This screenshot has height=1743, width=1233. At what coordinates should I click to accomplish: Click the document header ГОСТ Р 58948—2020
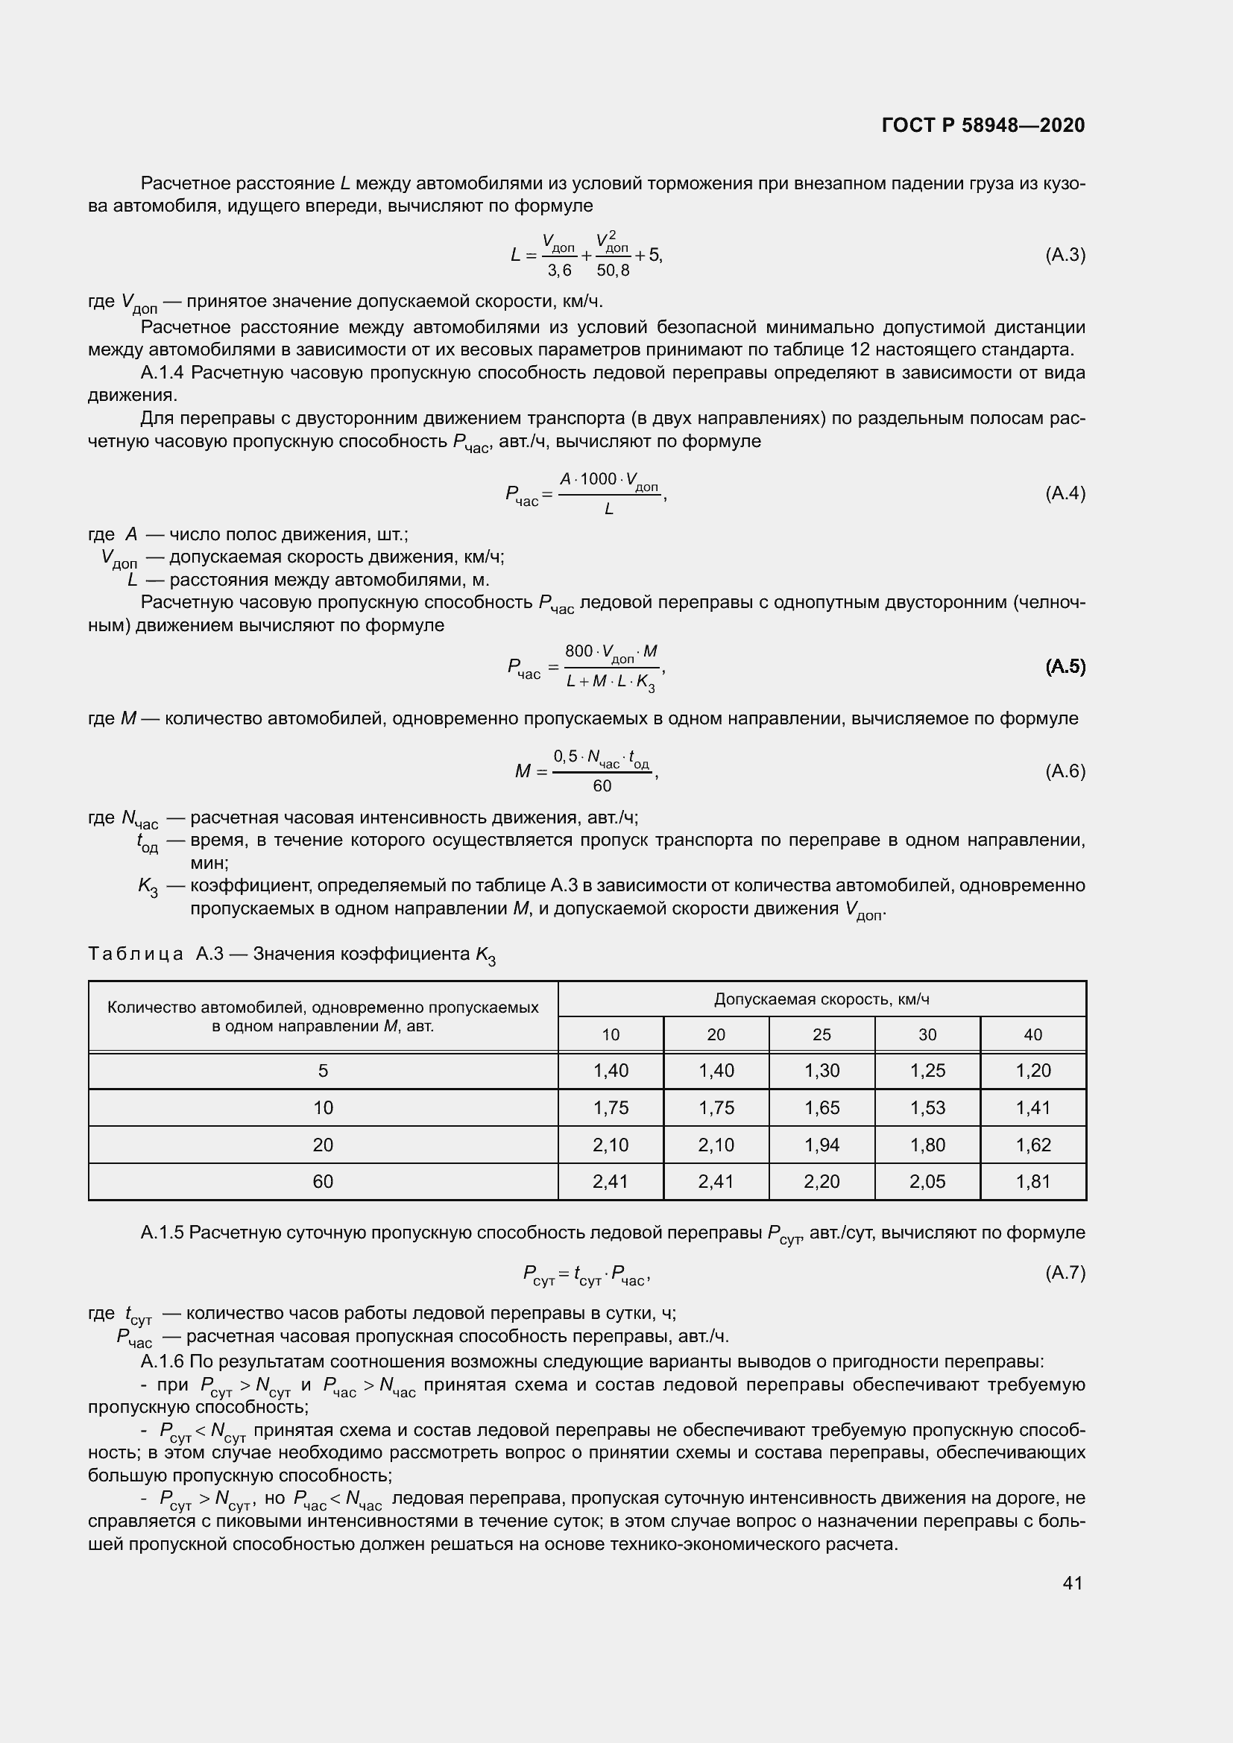pyautogui.click(x=983, y=125)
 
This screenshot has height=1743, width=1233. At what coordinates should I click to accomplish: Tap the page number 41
pyautogui.click(x=1072, y=1583)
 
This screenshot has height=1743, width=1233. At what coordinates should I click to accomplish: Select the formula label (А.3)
pyautogui.click(x=1065, y=255)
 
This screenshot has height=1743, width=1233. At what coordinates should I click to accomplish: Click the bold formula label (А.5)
pyautogui.click(x=1065, y=666)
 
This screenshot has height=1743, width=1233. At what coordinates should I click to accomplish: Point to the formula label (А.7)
pyautogui.click(x=1065, y=1273)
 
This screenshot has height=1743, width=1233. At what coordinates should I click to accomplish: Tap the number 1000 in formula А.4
pyautogui.click(x=599, y=479)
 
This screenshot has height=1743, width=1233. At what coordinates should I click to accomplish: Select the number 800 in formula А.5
pyautogui.click(x=578, y=651)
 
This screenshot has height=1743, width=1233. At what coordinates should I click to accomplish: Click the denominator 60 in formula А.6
pyautogui.click(x=602, y=786)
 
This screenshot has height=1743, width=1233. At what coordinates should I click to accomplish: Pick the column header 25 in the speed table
pyautogui.click(x=822, y=1035)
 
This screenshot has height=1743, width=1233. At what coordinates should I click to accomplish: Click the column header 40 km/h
pyautogui.click(x=1032, y=1035)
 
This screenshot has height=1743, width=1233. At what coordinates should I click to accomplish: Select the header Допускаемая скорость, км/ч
pyautogui.click(x=822, y=999)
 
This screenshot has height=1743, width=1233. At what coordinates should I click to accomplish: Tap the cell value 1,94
pyautogui.click(x=822, y=1145)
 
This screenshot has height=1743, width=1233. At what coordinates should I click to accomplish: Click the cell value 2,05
pyautogui.click(x=927, y=1181)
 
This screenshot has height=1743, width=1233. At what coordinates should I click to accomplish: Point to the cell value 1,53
pyautogui.click(x=927, y=1107)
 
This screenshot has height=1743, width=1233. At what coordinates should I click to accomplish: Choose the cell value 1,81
pyautogui.click(x=1032, y=1181)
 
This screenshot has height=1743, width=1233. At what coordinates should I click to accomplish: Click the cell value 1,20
pyautogui.click(x=1032, y=1070)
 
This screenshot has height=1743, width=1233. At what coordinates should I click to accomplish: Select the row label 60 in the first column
pyautogui.click(x=323, y=1181)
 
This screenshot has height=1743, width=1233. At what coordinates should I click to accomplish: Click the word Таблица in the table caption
pyautogui.click(x=136, y=955)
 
